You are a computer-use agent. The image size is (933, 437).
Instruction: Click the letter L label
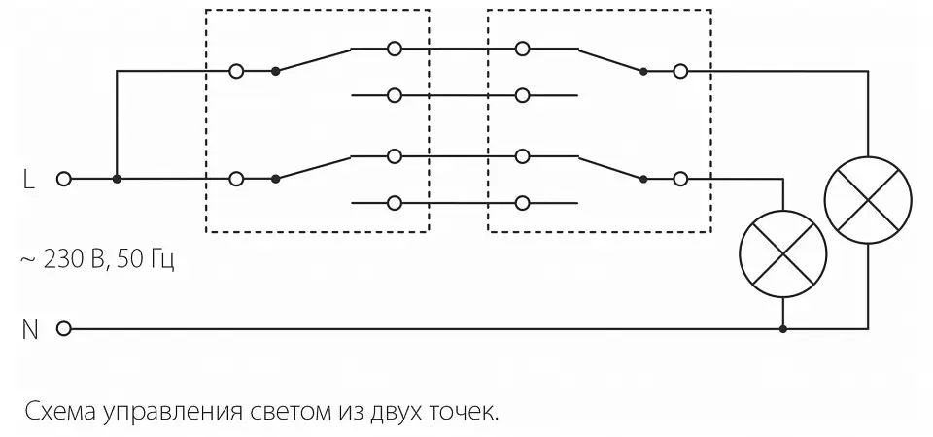pyautogui.click(x=28, y=179)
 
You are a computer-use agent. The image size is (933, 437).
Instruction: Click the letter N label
pyautogui.click(x=30, y=329)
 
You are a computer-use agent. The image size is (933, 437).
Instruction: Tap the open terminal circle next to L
pyautogui.click(x=64, y=179)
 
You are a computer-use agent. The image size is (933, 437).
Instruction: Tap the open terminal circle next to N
pyautogui.click(x=64, y=328)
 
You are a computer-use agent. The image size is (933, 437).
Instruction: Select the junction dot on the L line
pyautogui.click(x=118, y=179)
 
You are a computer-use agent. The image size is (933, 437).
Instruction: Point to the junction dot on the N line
pyautogui.click(x=783, y=328)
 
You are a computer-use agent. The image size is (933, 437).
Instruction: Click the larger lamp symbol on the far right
pyautogui.click(x=868, y=200)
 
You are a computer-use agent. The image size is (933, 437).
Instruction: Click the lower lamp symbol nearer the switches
pyautogui.click(x=783, y=253)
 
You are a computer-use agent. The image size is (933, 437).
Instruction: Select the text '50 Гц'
pyautogui.click(x=146, y=260)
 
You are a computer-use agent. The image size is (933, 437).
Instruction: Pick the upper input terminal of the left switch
pyautogui.click(x=236, y=71)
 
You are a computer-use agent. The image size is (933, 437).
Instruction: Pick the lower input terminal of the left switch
pyautogui.click(x=236, y=179)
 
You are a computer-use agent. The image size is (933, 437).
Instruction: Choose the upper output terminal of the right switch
pyautogui.click(x=680, y=71)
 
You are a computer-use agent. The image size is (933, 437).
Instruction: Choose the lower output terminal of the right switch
pyautogui.click(x=680, y=179)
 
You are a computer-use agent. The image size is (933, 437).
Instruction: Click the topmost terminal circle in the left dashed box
pyautogui.click(x=394, y=49)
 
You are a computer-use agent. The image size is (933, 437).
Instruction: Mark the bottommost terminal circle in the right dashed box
pyautogui.click(x=522, y=203)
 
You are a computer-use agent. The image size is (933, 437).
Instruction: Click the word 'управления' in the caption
pyautogui.click(x=173, y=413)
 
